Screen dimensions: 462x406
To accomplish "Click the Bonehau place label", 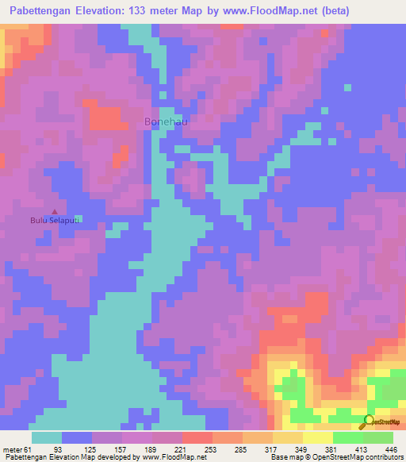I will tap(167, 121).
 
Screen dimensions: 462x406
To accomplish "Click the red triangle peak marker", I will tap(53, 211).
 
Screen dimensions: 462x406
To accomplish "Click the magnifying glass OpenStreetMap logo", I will tap(368, 422).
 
